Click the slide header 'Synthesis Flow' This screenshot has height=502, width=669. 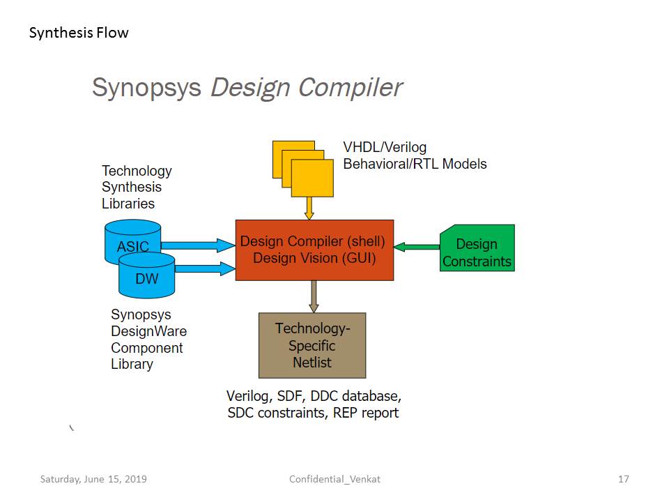coord(79,33)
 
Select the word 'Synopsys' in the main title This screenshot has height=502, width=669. coord(146,88)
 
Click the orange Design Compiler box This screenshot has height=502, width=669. coord(314,250)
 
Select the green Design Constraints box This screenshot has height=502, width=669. coord(477,249)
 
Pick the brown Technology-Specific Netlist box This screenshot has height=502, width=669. coord(312,345)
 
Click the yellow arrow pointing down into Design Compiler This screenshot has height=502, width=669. coord(309,208)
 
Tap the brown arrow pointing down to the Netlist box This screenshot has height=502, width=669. coord(314,296)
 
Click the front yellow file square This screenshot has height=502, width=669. coord(312,178)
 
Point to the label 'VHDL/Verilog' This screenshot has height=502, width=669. coord(385,147)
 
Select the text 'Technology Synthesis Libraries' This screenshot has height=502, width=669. coord(137,187)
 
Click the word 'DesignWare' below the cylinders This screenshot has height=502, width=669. coord(149,331)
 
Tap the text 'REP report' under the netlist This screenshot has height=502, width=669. coord(365,413)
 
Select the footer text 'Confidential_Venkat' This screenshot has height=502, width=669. coord(334,479)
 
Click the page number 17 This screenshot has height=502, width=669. coord(624,479)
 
